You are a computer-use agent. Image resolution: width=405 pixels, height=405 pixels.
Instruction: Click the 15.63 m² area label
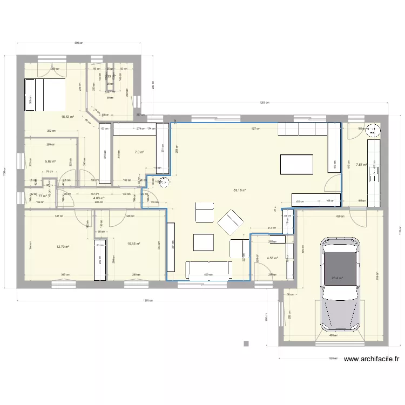(67, 117)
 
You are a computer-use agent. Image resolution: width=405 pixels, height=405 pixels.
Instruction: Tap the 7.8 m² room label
(139, 152)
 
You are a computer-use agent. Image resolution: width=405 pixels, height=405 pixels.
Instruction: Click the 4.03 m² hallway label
(98, 198)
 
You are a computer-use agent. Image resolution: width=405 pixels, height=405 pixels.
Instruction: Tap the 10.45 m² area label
(133, 244)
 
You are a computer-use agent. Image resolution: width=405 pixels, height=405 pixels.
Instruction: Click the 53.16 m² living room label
(240, 190)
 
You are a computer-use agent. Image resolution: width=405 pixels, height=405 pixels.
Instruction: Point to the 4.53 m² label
(272, 258)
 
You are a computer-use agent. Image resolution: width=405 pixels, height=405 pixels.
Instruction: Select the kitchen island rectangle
(296, 164)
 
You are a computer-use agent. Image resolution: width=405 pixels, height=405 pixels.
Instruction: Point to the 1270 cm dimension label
(147, 301)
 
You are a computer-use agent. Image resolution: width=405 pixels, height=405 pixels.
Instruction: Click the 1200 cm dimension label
(264, 103)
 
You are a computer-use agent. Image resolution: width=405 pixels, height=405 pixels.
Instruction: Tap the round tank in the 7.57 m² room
(373, 130)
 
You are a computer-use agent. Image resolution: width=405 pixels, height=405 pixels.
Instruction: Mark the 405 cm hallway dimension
(98, 202)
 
